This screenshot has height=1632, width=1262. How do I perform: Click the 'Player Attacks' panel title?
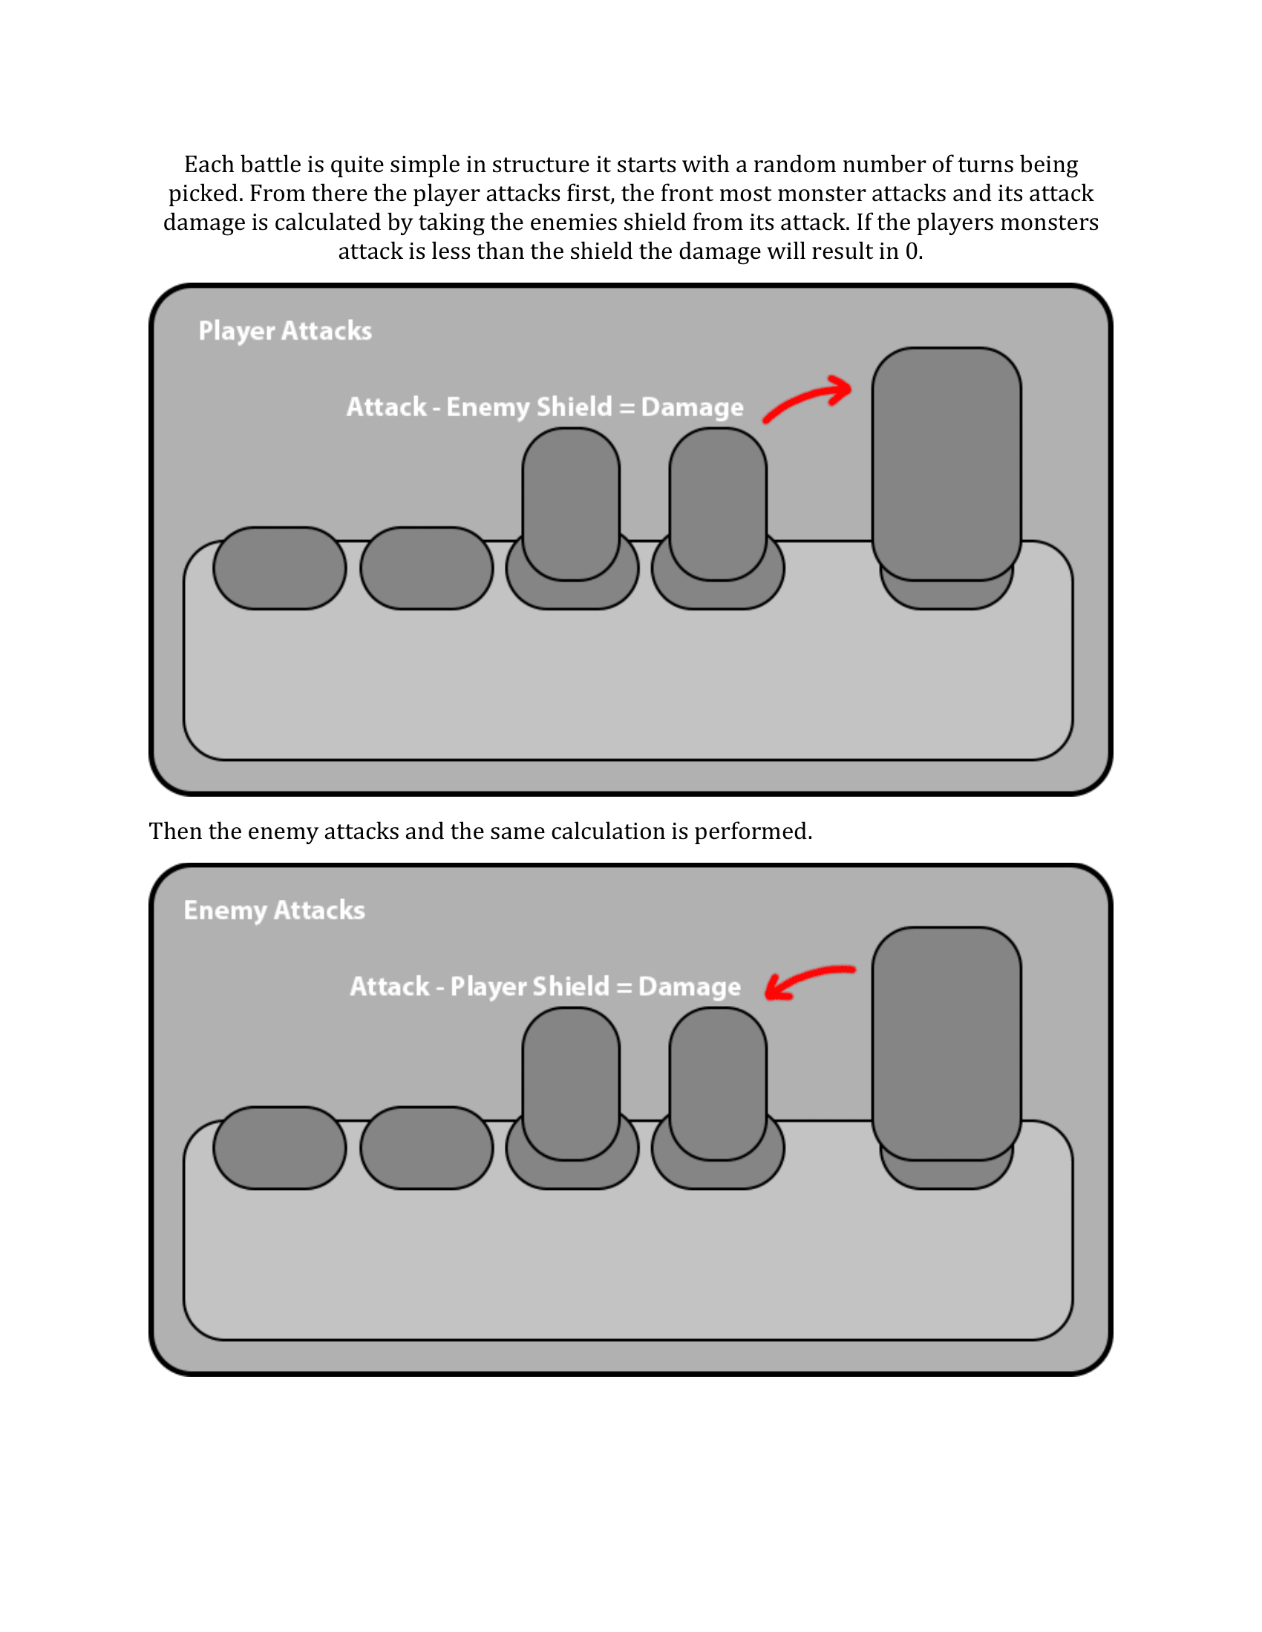285,330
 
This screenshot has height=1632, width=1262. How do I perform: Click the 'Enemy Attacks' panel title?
275,910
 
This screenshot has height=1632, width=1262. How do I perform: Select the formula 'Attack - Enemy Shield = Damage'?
544,407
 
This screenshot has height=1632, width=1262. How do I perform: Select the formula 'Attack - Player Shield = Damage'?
545,987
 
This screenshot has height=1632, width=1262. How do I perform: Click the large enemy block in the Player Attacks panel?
946,464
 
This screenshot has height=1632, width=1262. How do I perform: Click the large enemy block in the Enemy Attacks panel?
946,1043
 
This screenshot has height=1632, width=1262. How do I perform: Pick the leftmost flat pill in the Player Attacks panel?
280,568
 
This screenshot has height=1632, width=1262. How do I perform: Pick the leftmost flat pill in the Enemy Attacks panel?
280,1148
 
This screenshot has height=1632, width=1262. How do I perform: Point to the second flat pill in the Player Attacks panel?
426,568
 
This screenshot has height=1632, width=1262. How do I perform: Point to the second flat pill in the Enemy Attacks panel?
426,1148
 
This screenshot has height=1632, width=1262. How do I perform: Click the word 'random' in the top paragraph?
794,165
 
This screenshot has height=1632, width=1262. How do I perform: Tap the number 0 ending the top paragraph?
912,251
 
